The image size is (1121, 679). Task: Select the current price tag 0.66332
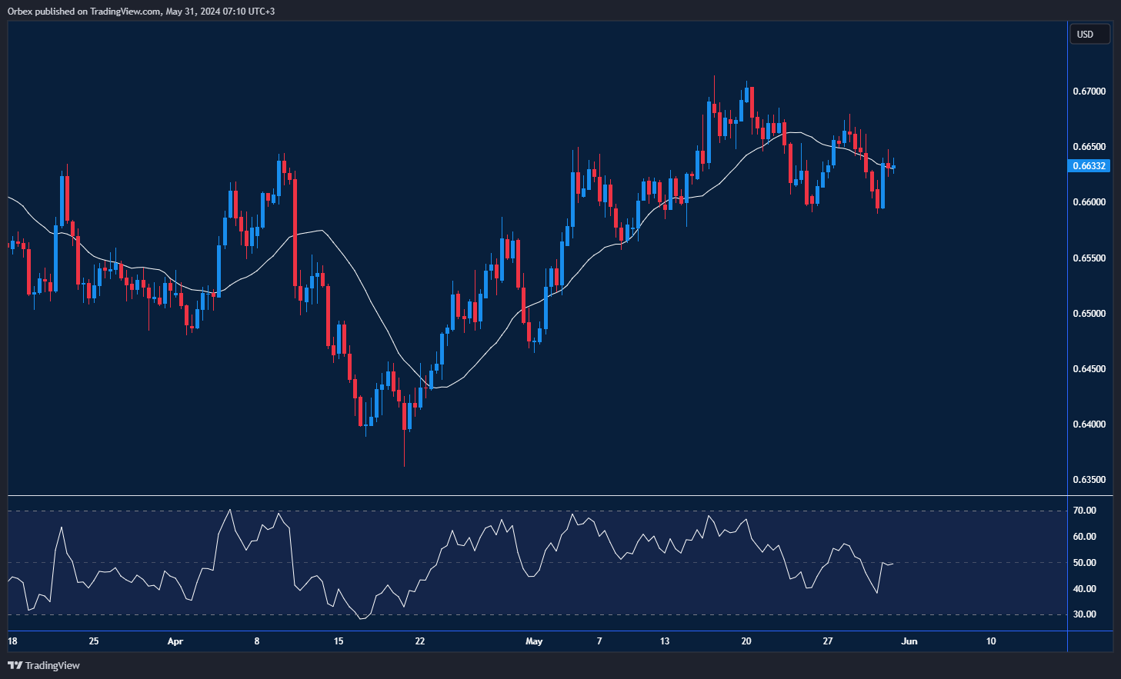coord(1089,166)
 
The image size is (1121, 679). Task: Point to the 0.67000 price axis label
coord(1089,92)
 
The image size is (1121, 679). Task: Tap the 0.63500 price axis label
coord(1089,480)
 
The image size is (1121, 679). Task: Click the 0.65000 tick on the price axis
coord(1089,314)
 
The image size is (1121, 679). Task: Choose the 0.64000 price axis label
coord(1089,424)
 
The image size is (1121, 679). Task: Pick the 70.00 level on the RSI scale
coord(1085,511)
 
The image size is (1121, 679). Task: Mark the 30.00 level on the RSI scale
coord(1085,614)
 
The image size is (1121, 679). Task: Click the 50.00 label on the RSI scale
coord(1085,563)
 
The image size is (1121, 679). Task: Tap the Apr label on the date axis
coord(175,641)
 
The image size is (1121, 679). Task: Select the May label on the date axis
coord(534,641)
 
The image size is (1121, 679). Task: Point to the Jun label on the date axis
coord(909,641)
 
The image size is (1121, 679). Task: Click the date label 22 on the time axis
coord(419,641)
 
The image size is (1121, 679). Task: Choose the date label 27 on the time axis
coord(828,641)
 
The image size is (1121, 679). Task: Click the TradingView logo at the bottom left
coord(44,665)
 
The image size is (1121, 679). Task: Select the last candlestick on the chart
coord(893,167)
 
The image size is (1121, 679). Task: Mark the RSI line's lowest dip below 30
coord(362,618)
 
